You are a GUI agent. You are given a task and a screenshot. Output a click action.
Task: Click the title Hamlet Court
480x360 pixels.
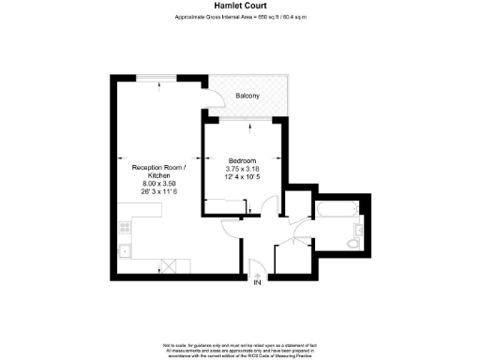tap(240, 6)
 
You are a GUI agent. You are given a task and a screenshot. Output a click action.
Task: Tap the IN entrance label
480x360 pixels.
tap(256, 283)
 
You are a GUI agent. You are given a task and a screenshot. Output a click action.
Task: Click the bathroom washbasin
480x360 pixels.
tap(359, 228)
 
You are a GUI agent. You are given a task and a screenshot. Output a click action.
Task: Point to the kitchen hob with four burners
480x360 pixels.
tap(123, 228)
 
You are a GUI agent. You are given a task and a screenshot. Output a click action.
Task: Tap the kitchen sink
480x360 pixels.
tap(123, 250)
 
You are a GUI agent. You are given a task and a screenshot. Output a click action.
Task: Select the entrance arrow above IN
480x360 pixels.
tap(256, 272)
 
